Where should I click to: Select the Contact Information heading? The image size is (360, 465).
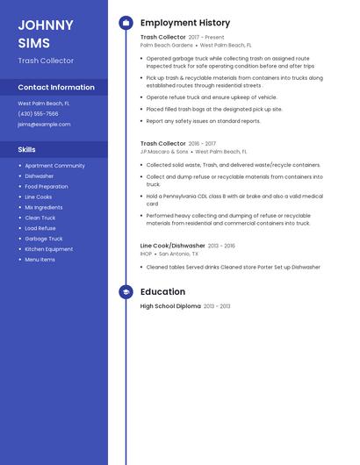[56, 88]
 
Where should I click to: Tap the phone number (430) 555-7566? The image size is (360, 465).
[38, 114]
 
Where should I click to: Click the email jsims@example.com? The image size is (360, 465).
[44, 125]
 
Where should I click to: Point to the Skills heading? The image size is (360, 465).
[26, 150]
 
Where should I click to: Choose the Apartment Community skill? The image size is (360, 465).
[54, 166]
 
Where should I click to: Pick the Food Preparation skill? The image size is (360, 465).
[46, 186]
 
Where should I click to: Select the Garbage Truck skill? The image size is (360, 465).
[43, 239]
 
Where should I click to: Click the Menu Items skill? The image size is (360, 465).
[40, 260]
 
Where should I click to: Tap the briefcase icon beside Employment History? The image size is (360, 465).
[126, 23]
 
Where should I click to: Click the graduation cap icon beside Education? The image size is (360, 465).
[126, 292]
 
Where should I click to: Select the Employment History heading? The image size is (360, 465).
[185, 23]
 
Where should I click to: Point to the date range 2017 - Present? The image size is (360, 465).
[206, 38]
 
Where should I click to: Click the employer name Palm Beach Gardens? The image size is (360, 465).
[166, 45]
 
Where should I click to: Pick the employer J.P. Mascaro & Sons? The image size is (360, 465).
[164, 151]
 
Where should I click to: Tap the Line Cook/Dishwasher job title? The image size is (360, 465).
[172, 246]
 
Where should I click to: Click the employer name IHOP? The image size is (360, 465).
[146, 254]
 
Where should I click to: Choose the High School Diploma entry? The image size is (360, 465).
[170, 306]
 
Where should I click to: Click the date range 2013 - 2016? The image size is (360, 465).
[221, 246]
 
